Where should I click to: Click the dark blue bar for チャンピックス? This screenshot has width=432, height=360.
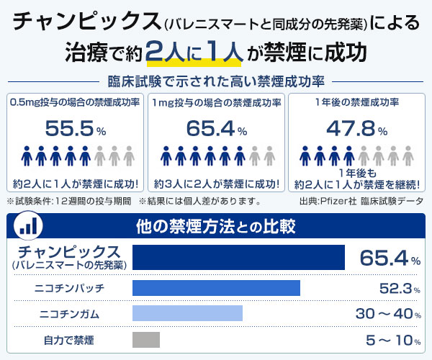pos(238,257)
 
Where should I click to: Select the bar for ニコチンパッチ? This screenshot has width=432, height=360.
pos(216,288)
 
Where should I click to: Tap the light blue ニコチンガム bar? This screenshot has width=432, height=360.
pos(187,313)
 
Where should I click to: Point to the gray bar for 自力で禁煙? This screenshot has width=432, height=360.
pos(146,340)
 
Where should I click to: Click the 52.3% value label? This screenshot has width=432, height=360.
pos(400,289)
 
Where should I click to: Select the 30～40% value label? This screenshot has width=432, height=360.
pos(388,314)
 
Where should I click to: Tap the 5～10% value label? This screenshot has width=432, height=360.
pos(393,340)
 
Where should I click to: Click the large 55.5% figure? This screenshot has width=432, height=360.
pos(76,128)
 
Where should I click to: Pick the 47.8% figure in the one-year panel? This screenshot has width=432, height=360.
pos(357,128)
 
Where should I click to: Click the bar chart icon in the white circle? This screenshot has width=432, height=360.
pos(28,226)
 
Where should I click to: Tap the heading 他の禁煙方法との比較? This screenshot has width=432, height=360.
pos(216,226)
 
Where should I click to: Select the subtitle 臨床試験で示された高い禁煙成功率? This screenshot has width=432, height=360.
pos(216,81)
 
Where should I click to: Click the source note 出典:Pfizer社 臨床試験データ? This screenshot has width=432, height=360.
pos(361,201)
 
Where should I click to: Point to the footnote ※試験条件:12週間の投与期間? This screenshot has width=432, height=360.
pos(69,201)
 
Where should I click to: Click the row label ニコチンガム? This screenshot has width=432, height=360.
pos(69,314)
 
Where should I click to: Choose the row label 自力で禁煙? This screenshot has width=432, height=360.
pos(69,341)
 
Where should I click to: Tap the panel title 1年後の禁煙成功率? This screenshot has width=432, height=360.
pos(357,102)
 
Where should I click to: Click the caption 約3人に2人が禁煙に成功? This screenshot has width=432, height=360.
pos(217,184)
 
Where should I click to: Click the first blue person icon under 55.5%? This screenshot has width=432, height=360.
pos(27,156)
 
